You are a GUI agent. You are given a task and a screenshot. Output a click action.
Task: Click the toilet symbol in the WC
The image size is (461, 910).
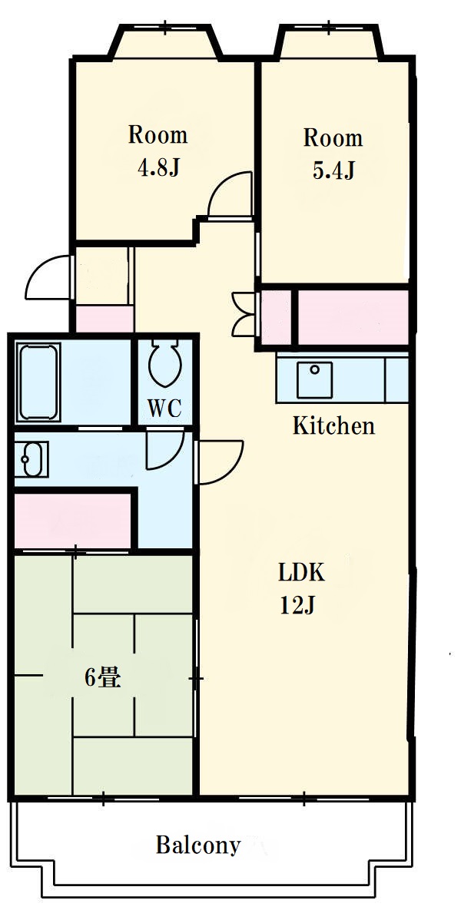pyautogui.click(x=165, y=363)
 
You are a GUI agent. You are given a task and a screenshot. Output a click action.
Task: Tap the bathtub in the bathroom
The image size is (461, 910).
pyautogui.click(x=39, y=382)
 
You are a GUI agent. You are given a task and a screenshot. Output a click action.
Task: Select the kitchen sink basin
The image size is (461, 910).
pyautogui.click(x=314, y=380)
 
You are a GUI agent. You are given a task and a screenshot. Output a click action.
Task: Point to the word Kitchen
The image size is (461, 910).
pyautogui.click(x=333, y=426)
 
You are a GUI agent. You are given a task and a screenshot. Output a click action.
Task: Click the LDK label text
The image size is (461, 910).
pyautogui.click(x=300, y=574)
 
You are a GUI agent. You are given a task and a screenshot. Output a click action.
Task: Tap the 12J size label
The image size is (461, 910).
pyautogui.click(x=297, y=605)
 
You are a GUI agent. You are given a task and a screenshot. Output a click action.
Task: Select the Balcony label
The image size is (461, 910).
pyautogui.click(x=198, y=845)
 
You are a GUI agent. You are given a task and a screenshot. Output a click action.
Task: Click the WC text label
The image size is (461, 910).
pyautogui.click(x=164, y=408)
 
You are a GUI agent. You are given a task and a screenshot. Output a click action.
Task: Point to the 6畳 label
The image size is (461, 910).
pyautogui.click(x=104, y=677)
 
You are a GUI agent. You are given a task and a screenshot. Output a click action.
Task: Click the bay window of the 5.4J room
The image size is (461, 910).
pyautogui.click(x=329, y=42)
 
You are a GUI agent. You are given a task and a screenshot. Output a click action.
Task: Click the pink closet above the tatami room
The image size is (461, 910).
pyautogui.click(x=73, y=520)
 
